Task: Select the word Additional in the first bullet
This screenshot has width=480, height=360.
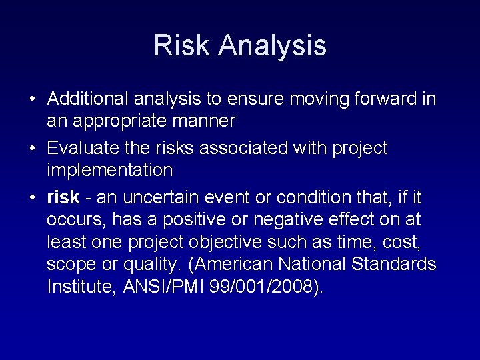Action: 89,99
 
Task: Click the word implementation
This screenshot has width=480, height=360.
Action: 109,170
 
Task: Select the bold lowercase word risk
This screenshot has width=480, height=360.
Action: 63,197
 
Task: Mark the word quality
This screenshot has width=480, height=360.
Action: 152,265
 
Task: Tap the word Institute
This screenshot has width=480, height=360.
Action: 82,287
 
